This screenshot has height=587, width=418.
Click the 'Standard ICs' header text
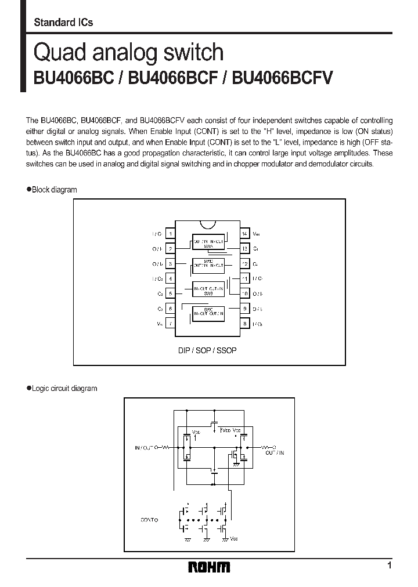pyautogui.click(x=63, y=23)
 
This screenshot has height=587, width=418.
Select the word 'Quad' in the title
pyautogui.click(x=56, y=53)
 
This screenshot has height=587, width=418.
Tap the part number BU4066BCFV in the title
pyautogui.click(x=282, y=78)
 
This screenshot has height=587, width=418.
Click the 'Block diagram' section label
pyautogui.click(x=53, y=190)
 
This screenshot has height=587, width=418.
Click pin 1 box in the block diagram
pyautogui.click(x=170, y=234)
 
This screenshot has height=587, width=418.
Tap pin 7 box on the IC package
pyautogui.click(x=170, y=324)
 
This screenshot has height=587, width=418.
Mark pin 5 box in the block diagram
pyautogui.click(x=170, y=294)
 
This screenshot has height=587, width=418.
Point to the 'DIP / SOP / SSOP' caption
pyautogui.click(x=207, y=351)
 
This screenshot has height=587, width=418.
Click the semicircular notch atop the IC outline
pyautogui.click(x=208, y=224)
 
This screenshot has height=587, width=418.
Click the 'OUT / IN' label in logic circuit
pyautogui.click(x=275, y=451)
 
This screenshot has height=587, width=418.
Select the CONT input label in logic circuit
pyautogui.click(x=149, y=520)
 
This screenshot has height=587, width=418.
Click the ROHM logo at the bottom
pyautogui.click(x=209, y=567)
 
